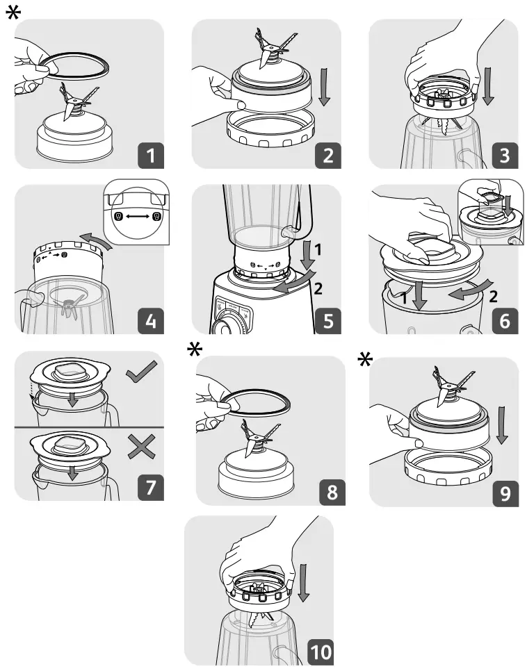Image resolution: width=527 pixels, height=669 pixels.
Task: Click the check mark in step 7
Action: (142, 375)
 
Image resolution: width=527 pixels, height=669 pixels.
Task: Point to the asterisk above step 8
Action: (197, 351)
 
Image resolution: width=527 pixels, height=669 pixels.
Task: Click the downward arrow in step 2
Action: (324, 87)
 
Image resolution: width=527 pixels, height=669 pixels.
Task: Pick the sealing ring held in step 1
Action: (82, 64)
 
